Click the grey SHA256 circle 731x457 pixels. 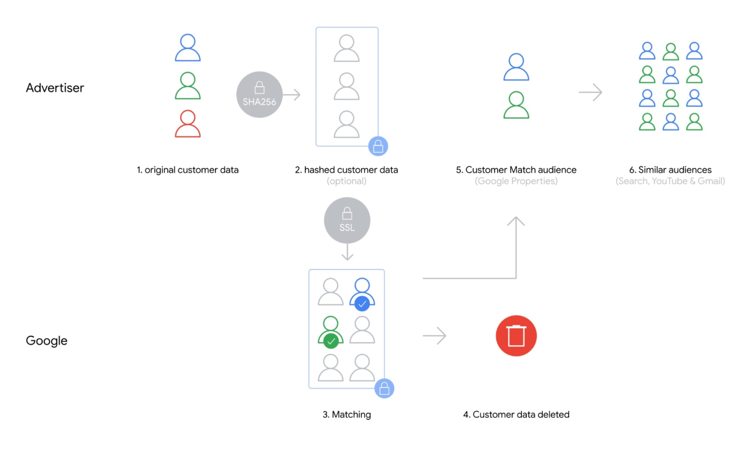click(x=259, y=94)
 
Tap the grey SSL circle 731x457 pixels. click(x=347, y=220)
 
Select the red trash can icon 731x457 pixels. click(x=516, y=336)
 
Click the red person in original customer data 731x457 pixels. click(x=188, y=124)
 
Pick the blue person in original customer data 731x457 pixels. click(x=188, y=48)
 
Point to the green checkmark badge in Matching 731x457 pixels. click(x=331, y=341)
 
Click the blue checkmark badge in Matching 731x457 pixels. click(x=362, y=304)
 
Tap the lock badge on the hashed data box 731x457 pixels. click(x=378, y=146)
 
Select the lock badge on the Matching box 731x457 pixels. click(x=384, y=388)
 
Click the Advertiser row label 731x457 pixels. click(x=55, y=88)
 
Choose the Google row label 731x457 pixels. click(x=46, y=340)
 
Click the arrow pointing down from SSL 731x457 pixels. click(x=347, y=252)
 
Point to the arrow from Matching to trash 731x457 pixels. click(x=434, y=336)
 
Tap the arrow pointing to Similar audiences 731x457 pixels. click(x=591, y=93)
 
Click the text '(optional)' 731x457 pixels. click(x=346, y=181)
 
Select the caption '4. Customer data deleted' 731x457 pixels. click(x=516, y=414)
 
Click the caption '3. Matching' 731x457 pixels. click(x=346, y=414)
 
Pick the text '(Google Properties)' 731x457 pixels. click(x=516, y=181)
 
